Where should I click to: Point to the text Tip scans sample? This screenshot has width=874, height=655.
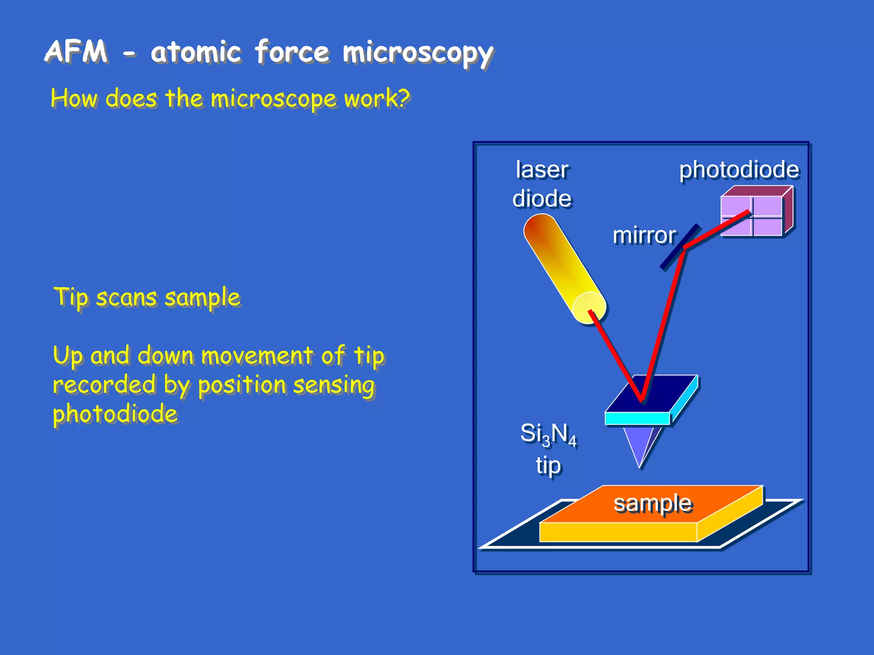[147, 297]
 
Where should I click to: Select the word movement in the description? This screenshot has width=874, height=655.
[257, 355]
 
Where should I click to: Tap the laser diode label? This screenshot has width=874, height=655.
[542, 184]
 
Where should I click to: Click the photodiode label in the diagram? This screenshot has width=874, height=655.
[739, 170]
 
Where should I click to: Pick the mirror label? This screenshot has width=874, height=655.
[644, 235]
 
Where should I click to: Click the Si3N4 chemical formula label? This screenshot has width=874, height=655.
[548, 435]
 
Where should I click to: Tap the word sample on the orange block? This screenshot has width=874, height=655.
[653, 503]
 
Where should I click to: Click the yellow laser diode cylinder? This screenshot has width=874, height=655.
[559, 260]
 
